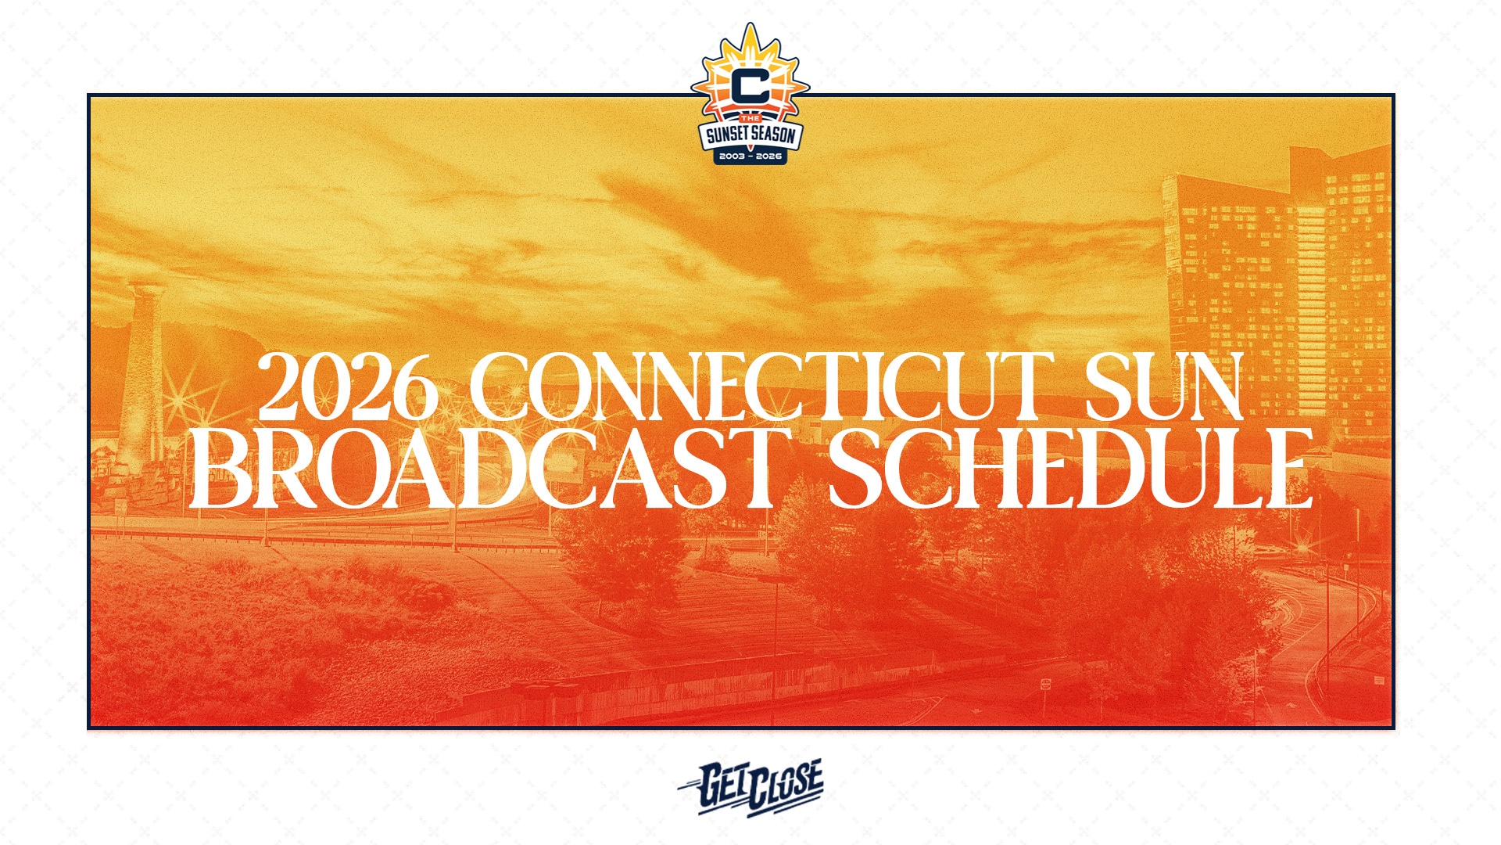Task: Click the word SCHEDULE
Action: click(1069, 469)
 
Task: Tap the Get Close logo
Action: click(750, 787)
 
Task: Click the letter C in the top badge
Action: click(750, 86)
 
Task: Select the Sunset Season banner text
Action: click(750, 135)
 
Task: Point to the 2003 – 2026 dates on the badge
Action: click(750, 156)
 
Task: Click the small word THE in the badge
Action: click(750, 118)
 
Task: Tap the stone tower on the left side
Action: click(143, 376)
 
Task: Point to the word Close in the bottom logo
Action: click(785, 789)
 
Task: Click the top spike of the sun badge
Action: click(750, 25)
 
